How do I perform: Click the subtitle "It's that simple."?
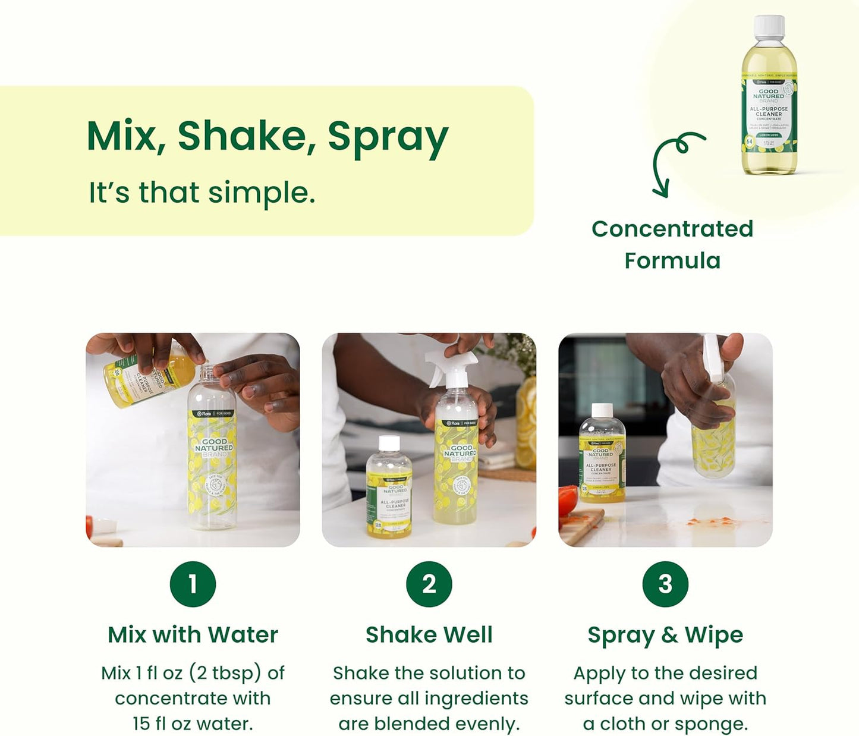(x=202, y=193)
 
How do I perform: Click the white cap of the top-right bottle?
(x=769, y=27)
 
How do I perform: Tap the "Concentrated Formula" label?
(x=672, y=244)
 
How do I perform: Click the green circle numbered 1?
(x=193, y=584)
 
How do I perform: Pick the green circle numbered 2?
(x=429, y=584)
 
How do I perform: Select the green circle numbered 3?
(x=665, y=584)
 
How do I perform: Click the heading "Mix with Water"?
(x=193, y=634)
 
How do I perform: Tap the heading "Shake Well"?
(x=429, y=634)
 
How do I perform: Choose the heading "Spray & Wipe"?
(x=665, y=635)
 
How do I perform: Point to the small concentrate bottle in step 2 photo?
(x=389, y=490)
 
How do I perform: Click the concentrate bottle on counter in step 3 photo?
(x=602, y=455)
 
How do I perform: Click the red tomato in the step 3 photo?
(x=568, y=499)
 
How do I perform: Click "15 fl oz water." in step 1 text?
(x=193, y=724)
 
